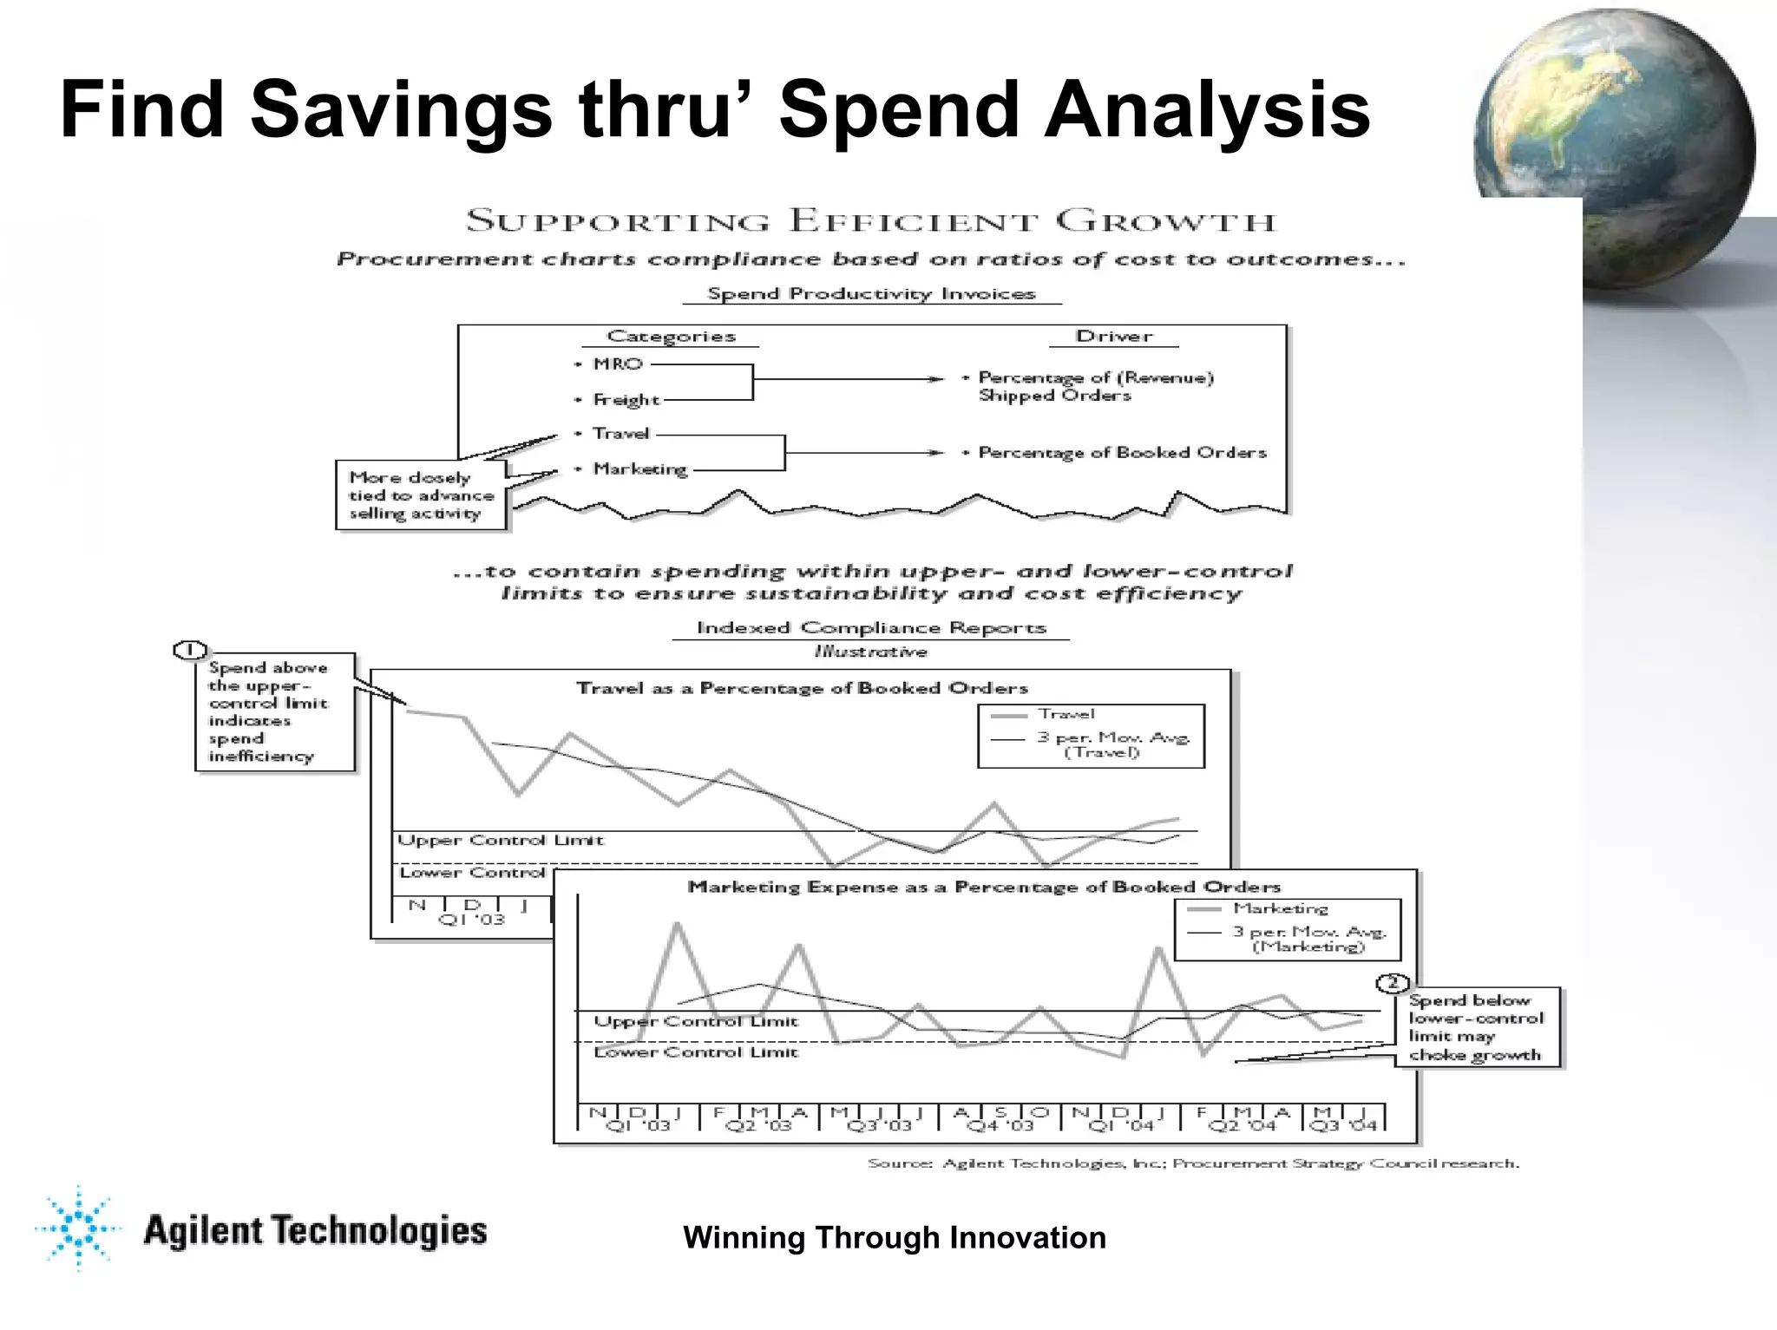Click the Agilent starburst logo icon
tap(78, 1227)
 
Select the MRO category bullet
tap(617, 364)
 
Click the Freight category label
tap(626, 400)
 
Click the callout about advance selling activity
tap(421, 495)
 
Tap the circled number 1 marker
tap(190, 651)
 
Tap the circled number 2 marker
tap(1392, 983)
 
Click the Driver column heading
tap(1114, 337)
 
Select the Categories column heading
tap(671, 337)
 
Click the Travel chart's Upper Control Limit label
tap(500, 841)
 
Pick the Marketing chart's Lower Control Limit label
tap(695, 1052)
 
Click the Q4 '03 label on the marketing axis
tap(1000, 1125)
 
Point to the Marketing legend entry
tap(1280, 908)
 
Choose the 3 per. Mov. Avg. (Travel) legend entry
tap(1112, 744)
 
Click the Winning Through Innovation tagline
tap(895, 1237)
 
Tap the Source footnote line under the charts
tap(1193, 1163)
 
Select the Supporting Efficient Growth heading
tap(870, 221)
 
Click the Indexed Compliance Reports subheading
tap(871, 628)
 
